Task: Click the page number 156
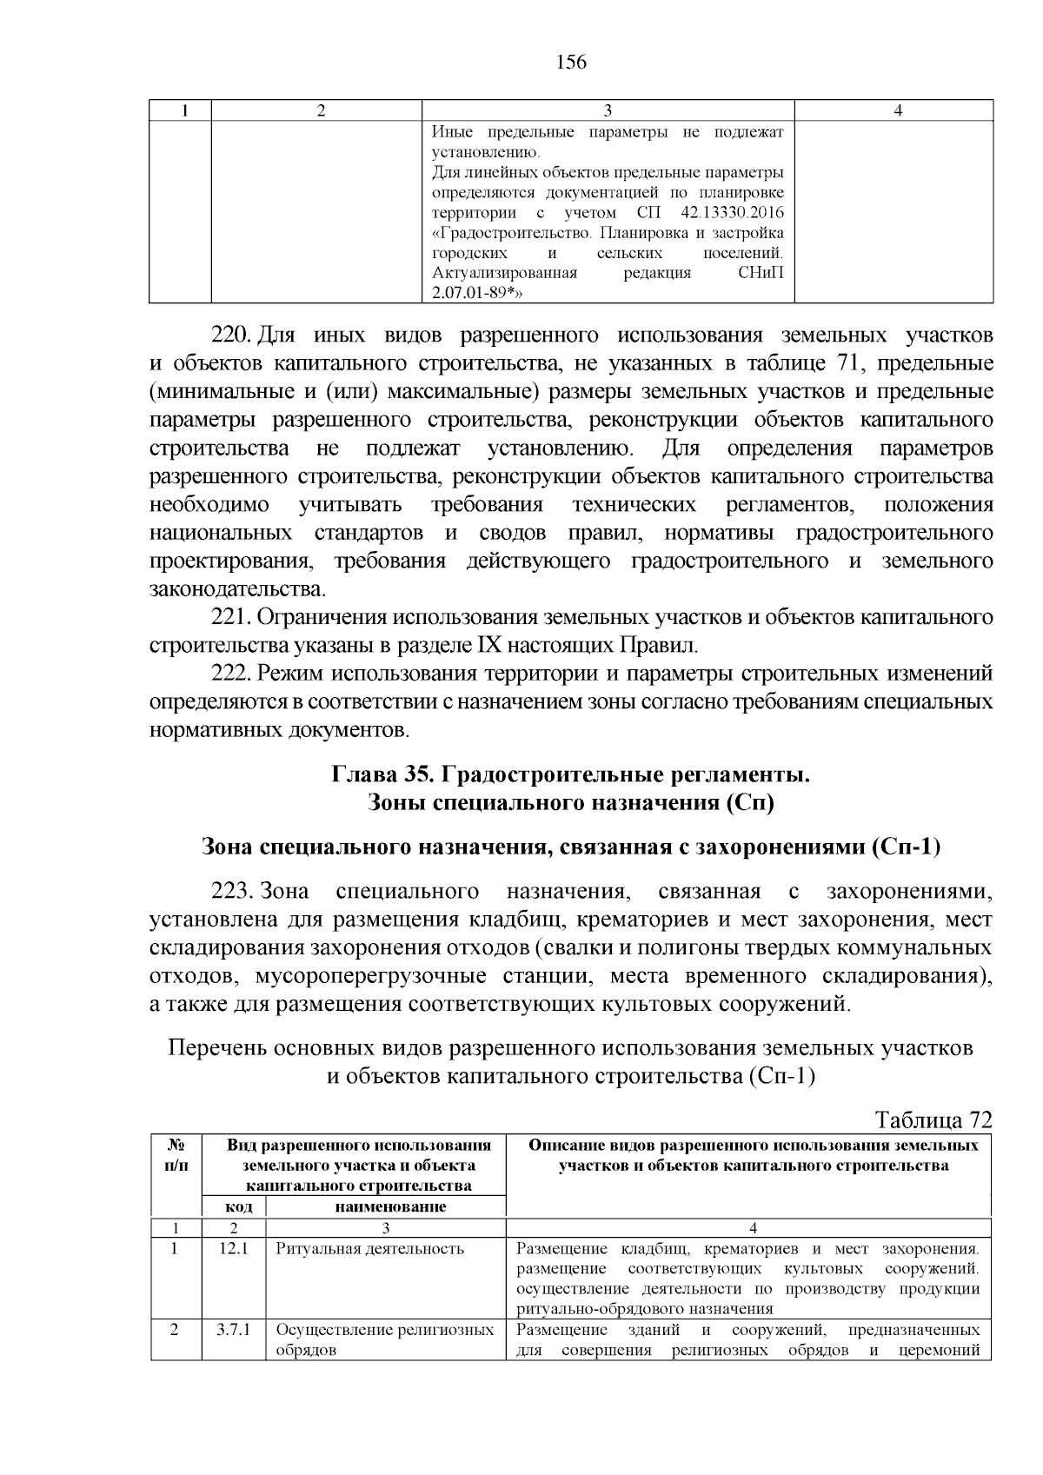point(570,63)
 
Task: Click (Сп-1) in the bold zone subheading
point(906,846)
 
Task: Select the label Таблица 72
point(933,1120)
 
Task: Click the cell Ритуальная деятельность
point(369,1249)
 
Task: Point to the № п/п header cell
point(176,1155)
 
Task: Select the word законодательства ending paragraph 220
point(236,589)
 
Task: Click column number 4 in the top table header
point(898,110)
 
